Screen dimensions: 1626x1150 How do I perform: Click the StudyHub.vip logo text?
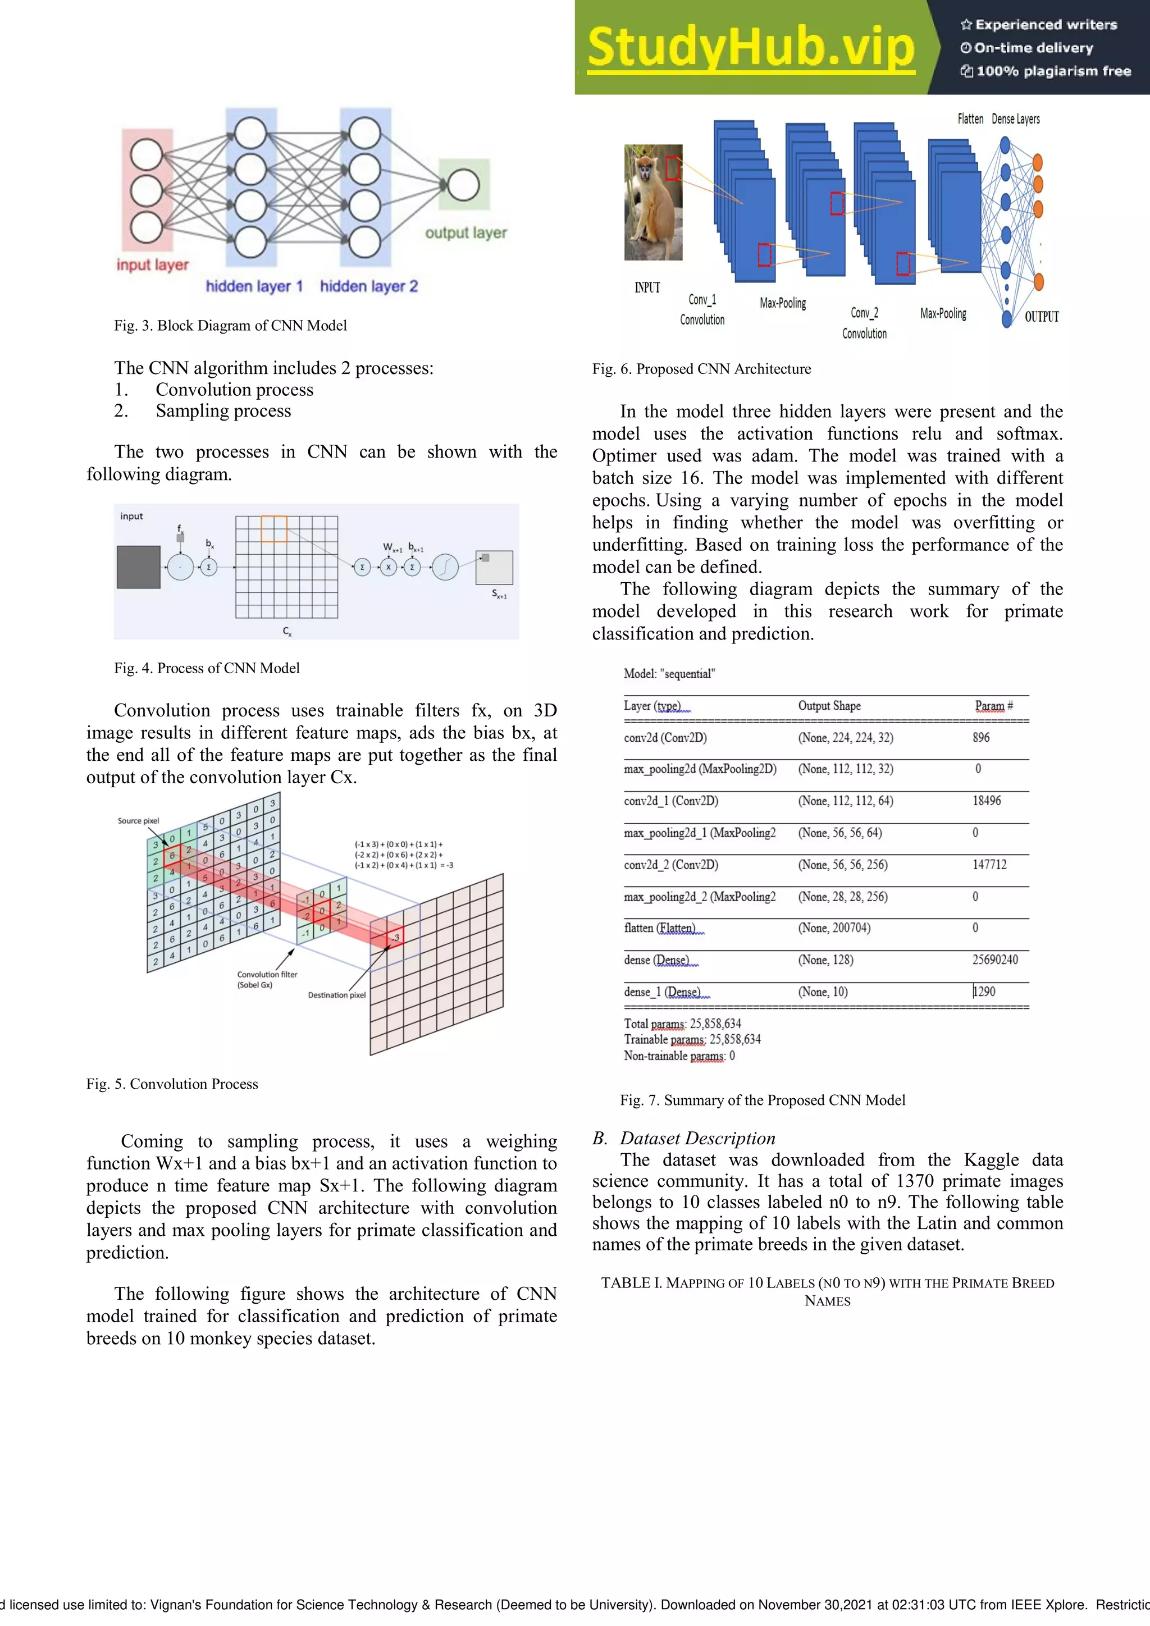pos(751,48)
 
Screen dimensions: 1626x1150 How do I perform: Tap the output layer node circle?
pos(463,185)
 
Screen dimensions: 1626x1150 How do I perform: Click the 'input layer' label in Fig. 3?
pos(152,265)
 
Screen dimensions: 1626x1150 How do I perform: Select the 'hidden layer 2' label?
pos(368,286)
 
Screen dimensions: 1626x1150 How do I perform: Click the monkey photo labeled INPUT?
pos(653,203)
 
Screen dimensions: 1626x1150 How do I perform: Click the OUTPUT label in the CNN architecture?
pos(1041,317)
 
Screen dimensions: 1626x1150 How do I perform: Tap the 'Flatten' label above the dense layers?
pos(970,119)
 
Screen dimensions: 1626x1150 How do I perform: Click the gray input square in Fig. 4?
pos(139,567)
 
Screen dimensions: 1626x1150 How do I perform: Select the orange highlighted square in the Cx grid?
pos(274,529)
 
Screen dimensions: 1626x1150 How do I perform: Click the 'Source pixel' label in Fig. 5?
pos(138,821)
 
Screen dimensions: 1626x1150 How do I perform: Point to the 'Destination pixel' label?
pos(336,995)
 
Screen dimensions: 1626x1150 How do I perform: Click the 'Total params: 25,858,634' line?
pos(682,1024)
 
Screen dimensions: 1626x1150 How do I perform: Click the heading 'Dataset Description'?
pos(697,1138)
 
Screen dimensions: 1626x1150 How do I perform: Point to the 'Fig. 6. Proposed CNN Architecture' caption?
pos(701,369)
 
